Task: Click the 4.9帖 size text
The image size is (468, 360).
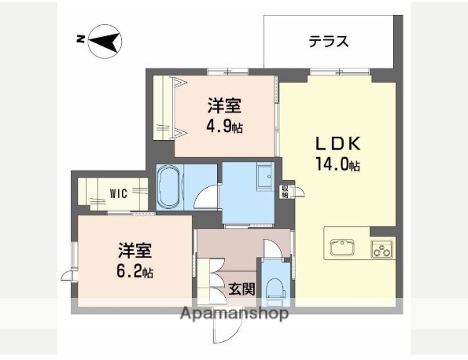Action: point(224,126)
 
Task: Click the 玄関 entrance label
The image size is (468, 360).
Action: point(241,288)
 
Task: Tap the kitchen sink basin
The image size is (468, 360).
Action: point(345,248)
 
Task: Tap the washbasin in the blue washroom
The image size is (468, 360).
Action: point(264,178)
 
